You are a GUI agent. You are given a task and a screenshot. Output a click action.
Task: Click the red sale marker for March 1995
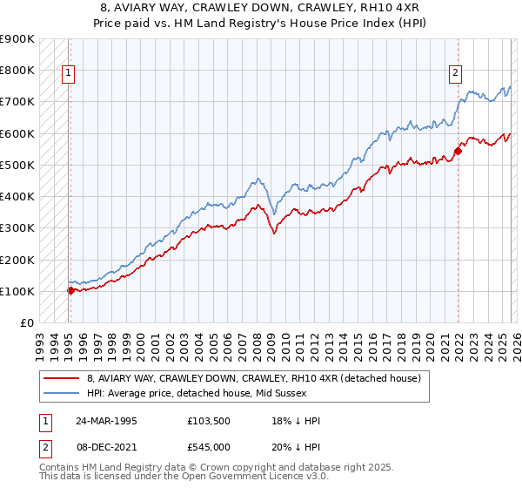pyautogui.click(x=70, y=291)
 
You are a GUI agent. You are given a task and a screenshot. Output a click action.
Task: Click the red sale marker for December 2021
pyautogui.click(x=458, y=151)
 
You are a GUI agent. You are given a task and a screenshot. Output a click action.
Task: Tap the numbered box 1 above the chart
pyautogui.click(x=70, y=74)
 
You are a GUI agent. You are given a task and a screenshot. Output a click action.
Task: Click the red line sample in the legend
pyautogui.click(x=62, y=378)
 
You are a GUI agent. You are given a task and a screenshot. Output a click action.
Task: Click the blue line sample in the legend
pyautogui.click(x=62, y=392)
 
